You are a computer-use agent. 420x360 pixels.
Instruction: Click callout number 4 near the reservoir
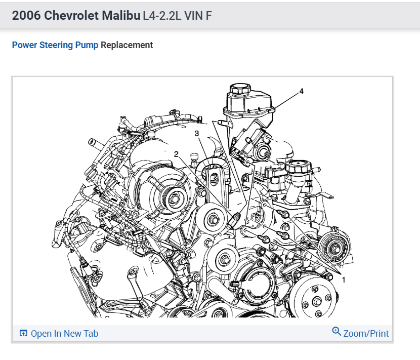coord(302,92)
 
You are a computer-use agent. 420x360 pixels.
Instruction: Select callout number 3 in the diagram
coord(197,134)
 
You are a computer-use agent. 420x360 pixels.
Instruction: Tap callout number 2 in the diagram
coord(176,154)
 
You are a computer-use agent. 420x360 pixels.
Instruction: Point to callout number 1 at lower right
coord(344,280)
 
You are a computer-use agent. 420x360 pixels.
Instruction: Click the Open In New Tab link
coord(64,334)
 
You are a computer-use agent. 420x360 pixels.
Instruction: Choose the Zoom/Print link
coord(366,334)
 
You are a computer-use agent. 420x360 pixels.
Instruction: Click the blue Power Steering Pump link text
coord(55,45)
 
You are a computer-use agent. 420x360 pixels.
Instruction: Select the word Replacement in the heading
coord(127,45)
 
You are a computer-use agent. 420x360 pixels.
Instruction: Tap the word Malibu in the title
coord(121,16)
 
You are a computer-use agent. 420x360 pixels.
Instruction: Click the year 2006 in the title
coord(26,16)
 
